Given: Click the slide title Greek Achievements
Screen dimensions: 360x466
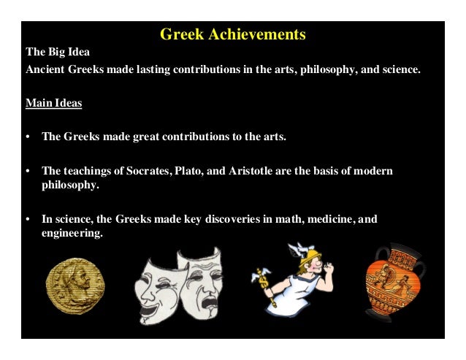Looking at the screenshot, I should pos(232,34).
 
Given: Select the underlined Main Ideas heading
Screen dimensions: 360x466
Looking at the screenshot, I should pos(53,104).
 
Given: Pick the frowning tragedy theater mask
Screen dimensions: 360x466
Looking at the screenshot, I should pos(199,281).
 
